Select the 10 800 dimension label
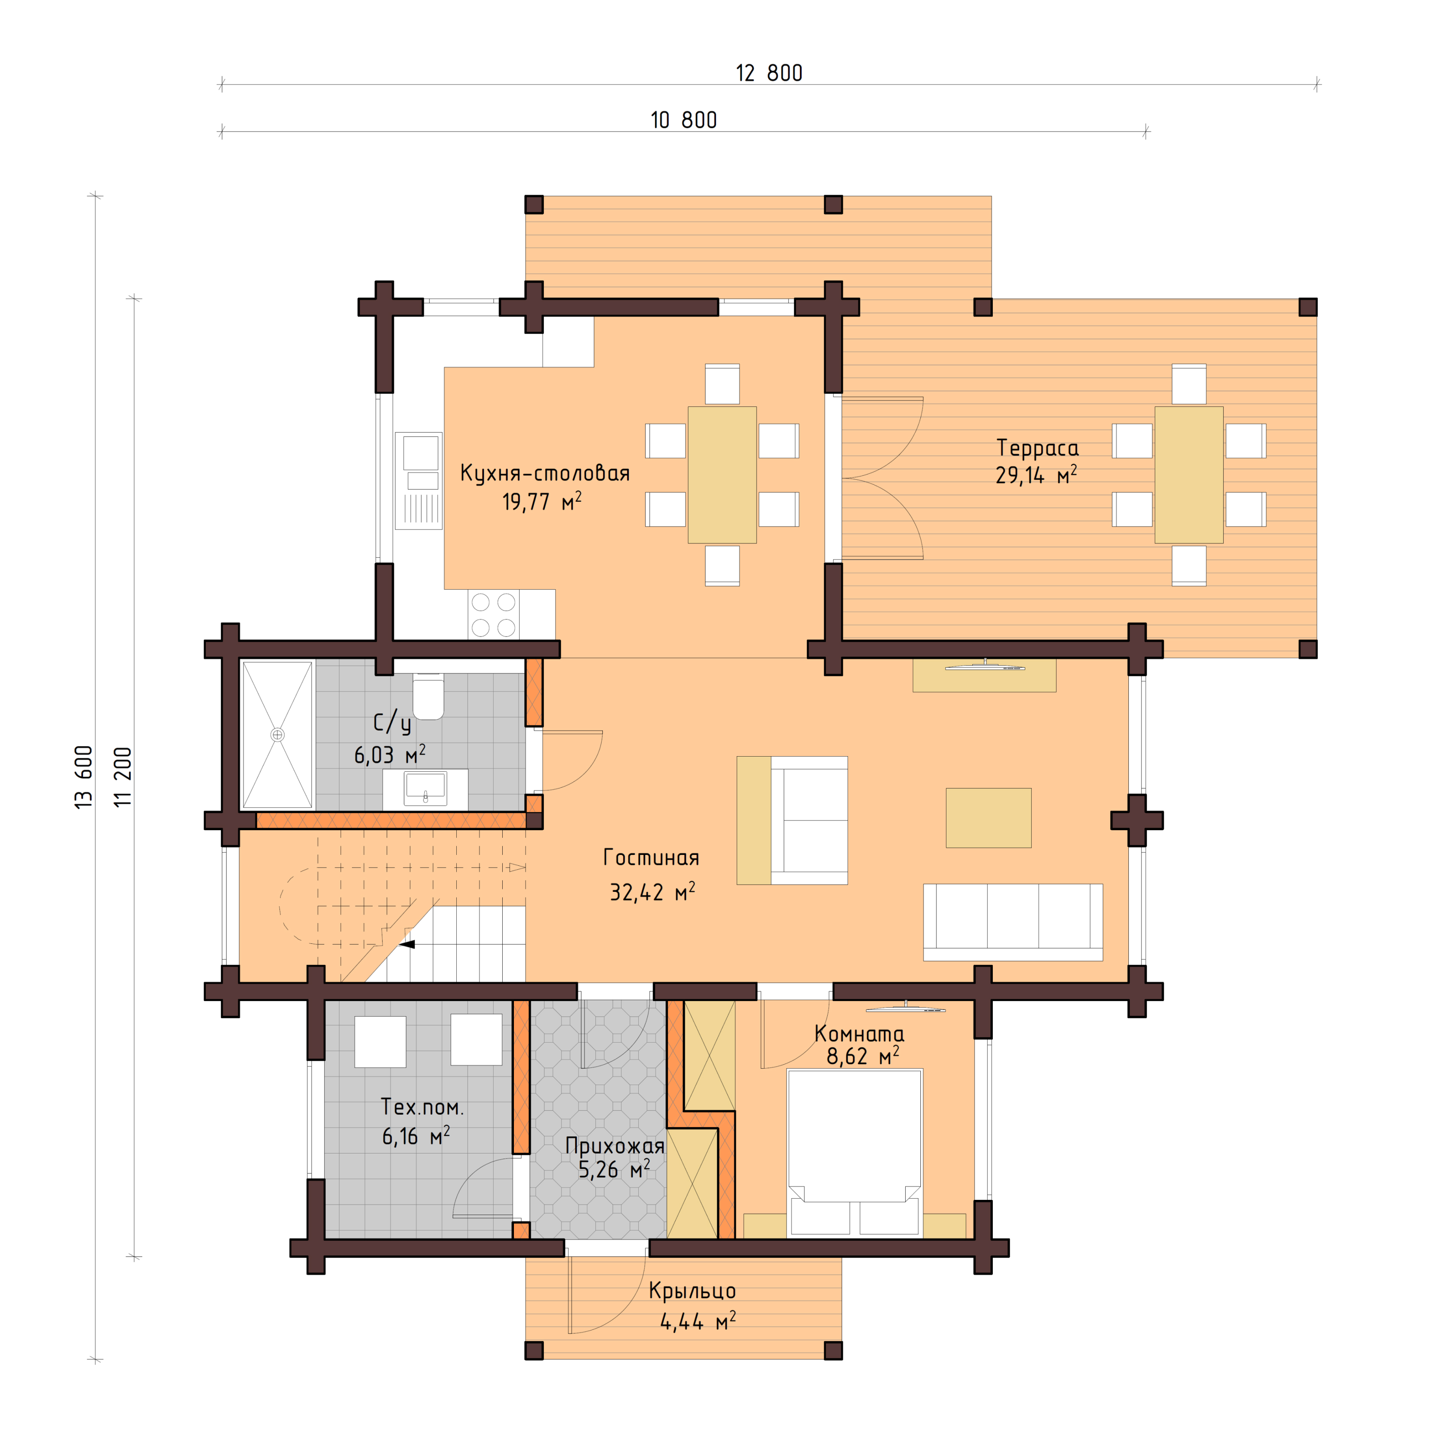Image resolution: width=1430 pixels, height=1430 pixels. click(x=683, y=120)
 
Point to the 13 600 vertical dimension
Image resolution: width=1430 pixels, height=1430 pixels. click(x=84, y=777)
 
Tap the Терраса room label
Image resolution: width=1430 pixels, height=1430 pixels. click(x=1037, y=448)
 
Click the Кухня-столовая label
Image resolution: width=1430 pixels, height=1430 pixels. click(x=545, y=473)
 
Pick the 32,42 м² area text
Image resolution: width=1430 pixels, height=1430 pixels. click(x=652, y=892)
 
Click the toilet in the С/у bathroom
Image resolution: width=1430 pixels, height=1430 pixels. click(x=428, y=696)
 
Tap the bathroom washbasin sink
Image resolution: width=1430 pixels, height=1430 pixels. click(x=425, y=788)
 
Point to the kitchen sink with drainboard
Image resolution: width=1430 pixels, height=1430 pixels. click(x=419, y=481)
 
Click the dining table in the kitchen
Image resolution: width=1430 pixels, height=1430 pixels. click(x=721, y=474)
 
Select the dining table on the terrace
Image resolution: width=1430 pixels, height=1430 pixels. click(x=1189, y=474)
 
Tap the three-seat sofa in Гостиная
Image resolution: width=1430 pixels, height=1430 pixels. click(x=1013, y=922)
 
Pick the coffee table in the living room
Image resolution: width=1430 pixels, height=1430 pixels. click(x=988, y=817)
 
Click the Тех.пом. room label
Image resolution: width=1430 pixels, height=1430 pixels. click(x=422, y=1107)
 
